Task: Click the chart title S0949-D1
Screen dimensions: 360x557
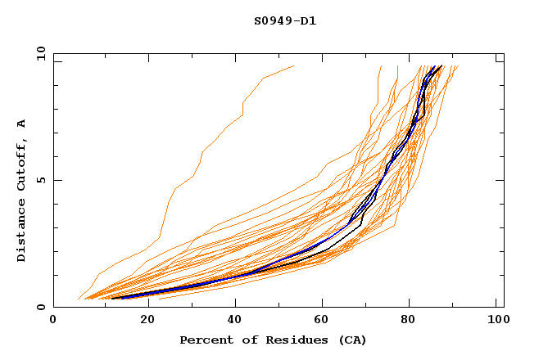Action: tap(284, 20)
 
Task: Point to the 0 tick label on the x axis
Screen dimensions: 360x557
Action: tap(53, 322)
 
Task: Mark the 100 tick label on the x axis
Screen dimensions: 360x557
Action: tap(496, 322)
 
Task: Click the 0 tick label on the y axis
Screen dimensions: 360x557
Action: tap(40, 308)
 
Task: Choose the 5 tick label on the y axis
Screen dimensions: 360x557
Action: tap(40, 180)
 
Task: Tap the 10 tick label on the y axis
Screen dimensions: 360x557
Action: tap(38, 53)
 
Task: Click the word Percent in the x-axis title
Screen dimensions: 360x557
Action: tap(202, 340)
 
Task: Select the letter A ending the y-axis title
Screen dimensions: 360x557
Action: tap(22, 124)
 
